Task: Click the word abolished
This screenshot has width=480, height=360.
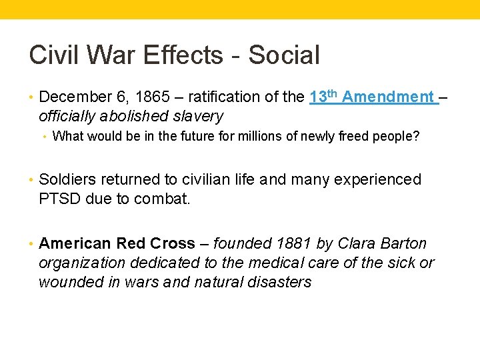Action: tap(129, 117)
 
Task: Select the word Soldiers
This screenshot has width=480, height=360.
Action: tap(65, 180)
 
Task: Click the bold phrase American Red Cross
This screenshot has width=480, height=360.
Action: tap(117, 244)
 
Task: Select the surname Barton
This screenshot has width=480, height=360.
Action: tap(405, 244)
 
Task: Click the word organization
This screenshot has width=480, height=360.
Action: tap(81, 263)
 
